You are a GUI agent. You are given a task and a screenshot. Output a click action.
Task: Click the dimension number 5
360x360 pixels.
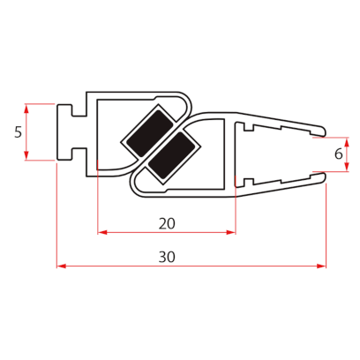click(x=18, y=132)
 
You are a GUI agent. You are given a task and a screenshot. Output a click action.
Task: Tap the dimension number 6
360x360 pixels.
click(x=339, y=154)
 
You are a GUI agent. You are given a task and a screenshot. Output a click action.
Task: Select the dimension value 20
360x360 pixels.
click(x=166, y=223)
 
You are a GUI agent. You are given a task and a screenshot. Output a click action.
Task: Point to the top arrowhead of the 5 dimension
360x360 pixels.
click(x=28, y=109)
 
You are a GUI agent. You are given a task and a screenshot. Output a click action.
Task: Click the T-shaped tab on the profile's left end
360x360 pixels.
click(x=65, y=132)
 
